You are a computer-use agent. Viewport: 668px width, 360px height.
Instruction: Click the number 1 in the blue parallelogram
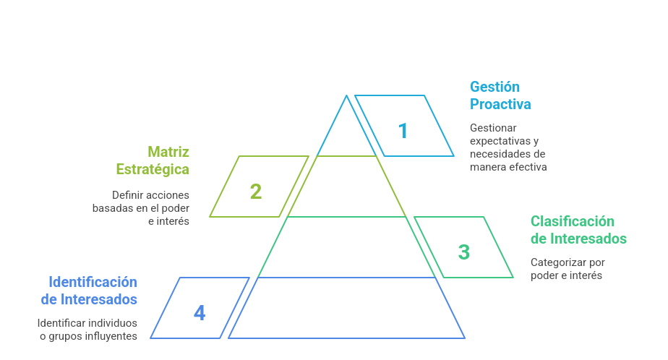click(x=403, y=131)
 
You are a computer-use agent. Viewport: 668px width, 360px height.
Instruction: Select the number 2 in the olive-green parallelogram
click(x=256, y=192)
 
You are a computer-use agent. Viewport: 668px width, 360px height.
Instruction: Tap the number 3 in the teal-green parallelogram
click(x=464, y=252)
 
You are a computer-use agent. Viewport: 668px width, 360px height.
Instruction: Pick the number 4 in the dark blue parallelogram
click(x=200, y=313)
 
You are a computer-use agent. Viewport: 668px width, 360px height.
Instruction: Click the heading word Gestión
click(x=495, y=87)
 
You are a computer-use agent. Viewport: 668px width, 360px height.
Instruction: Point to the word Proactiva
click(x=500, y=104)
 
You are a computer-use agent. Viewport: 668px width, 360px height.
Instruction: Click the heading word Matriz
click(x=168, y=152)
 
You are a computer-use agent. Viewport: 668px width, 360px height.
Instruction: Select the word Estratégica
click(x=153, y=169)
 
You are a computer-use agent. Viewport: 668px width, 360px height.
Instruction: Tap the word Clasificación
click(x=573, y=221)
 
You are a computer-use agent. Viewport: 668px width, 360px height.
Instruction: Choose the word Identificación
click(x=93, y=282)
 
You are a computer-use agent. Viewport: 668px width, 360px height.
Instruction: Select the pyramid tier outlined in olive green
click(x=347, y=187)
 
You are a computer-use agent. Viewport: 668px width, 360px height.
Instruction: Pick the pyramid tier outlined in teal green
click(x=347, y=247)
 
